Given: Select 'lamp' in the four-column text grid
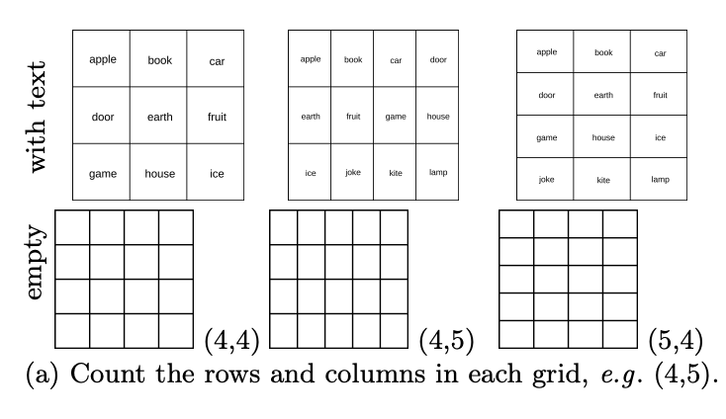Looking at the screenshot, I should [x=438, y=173].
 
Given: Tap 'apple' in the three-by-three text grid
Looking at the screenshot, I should [x=103, y=59].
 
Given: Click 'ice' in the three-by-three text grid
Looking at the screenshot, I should [x=217, y=174].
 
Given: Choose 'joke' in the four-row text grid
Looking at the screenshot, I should [x=547, y=180].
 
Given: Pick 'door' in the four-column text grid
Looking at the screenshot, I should [x=438, y=60].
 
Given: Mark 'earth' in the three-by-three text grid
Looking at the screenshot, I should [x=159, y=117].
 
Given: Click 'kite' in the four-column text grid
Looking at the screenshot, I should [x=396, y=173].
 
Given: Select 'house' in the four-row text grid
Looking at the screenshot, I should [x=603, y=137].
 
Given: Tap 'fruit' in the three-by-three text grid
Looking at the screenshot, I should [x=217, y=117].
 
